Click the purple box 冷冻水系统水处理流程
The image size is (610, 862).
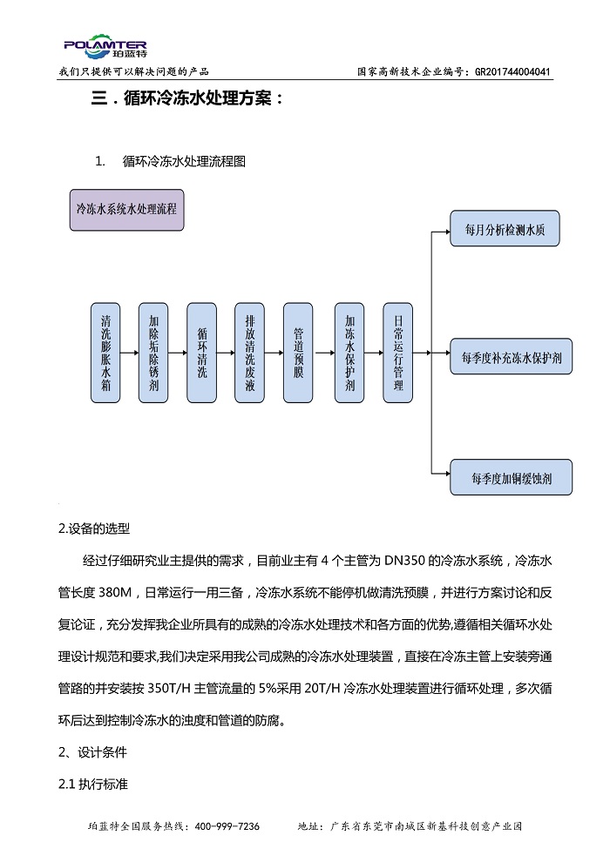click(126, 210)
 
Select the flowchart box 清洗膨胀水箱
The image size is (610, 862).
click(105, 353)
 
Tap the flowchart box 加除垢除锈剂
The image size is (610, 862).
click(153, 353)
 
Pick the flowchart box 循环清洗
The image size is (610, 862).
click(202, 353)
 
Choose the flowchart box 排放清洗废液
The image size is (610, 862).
click(250, 353)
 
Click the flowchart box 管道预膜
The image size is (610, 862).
click(298, 353)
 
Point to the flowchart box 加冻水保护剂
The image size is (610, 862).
click(349, 353)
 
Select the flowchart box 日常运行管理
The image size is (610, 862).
click(397, 353)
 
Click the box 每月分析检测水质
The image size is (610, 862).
click(505, 228)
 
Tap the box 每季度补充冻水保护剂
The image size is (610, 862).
click(511, 357)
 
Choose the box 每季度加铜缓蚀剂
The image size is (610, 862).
click(511, 477)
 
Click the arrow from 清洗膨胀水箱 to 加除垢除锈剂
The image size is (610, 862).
click(129, 353)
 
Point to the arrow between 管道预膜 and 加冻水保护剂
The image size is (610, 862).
click(323, 353)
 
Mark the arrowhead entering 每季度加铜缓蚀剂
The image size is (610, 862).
click(447, 473)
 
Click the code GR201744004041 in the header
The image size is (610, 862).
click(512, 72)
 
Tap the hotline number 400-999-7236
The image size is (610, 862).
click(227, 826)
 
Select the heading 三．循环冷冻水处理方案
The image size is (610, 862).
click(187, 98)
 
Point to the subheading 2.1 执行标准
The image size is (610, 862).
click(93, 784)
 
